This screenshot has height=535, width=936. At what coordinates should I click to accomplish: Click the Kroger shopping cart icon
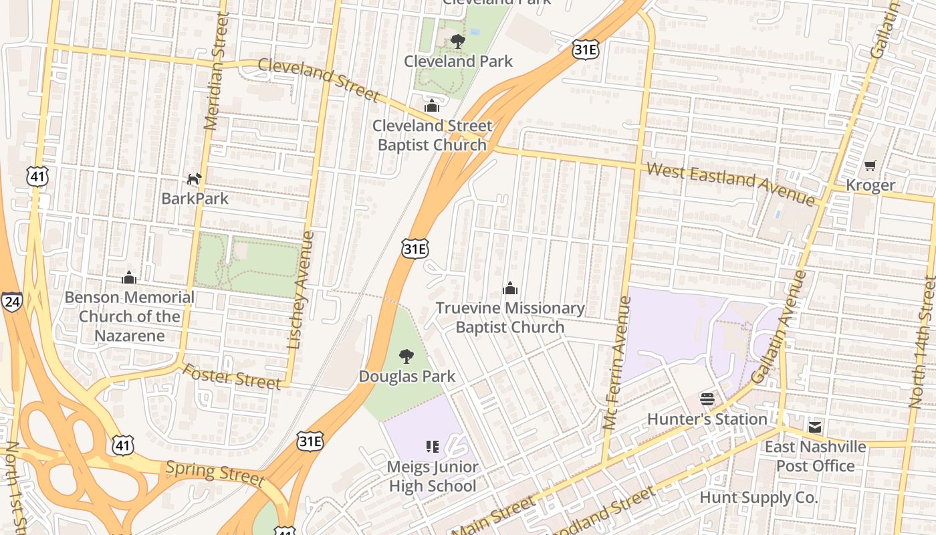click(x=870, y=165)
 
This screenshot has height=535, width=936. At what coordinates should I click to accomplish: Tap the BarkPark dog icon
click(x=194, y=179)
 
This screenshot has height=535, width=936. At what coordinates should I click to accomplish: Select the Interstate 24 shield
click(x=11, y=302)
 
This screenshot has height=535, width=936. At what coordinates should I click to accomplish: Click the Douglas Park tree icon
click(x=406, y=356)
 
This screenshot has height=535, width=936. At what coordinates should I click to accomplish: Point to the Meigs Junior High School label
click(x=433, y=476)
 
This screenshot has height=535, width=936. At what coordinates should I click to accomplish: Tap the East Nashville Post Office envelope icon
click(x=815, y=427)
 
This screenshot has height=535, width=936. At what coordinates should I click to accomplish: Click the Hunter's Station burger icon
click(x=707, y=399)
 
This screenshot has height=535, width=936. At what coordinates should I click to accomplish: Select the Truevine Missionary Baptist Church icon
click(x=510, y=288)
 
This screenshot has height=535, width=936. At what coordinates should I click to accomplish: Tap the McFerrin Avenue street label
click(x=617, y=362)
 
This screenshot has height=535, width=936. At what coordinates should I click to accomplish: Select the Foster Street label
click(x=231, y=377)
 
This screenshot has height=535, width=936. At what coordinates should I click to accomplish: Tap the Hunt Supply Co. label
click(x=758, y=498)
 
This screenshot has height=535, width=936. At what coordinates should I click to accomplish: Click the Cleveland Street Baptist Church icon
click(x=432, y=106)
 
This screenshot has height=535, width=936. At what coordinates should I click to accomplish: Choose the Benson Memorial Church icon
click(x=129, y=278)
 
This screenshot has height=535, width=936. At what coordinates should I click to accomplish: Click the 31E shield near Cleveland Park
click(x=585, y=49)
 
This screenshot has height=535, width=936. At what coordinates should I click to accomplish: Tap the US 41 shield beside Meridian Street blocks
click(x=38, y=177)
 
